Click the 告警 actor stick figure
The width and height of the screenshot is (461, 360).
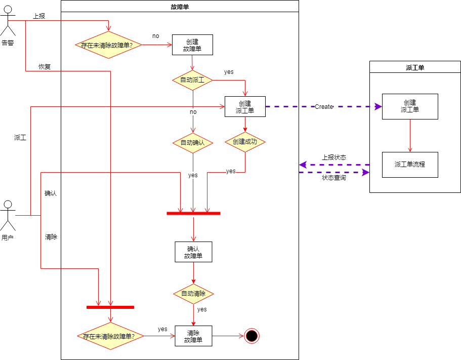(x=8, y=21)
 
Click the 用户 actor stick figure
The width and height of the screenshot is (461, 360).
(x=8, y=216)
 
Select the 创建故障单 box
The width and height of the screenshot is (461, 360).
(x=192, y=45)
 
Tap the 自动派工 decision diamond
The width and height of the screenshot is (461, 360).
(x=193, y=80)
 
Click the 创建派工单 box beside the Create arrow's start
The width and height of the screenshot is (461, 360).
(x=245, y=107)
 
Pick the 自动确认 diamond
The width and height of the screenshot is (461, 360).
(x=193, y=143)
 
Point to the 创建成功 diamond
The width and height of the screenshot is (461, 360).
(x=245, y=142)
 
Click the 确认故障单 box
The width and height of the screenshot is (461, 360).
(x=193, y=252)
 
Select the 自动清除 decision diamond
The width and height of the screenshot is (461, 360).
(x=193, y=294)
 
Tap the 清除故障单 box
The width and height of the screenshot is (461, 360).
(x=193, y=336)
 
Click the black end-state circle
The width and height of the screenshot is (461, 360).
(x=252, y=336)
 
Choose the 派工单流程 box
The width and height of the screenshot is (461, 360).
(x=410, y=165)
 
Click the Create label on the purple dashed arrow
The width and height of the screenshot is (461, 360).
(x=324, y=107)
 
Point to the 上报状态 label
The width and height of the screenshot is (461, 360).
(x=334, y=157)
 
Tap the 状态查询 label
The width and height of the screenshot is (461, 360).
(x=334, y=178)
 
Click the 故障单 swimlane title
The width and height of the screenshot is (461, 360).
(x=180, y=7)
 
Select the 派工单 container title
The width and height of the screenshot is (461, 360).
(x=415, y=68)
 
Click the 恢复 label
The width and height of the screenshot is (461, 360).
(x=45, y=67)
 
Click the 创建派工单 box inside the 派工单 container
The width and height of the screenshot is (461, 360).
(x=410, y=106)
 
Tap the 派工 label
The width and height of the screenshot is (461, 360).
(x=20, y=138)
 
